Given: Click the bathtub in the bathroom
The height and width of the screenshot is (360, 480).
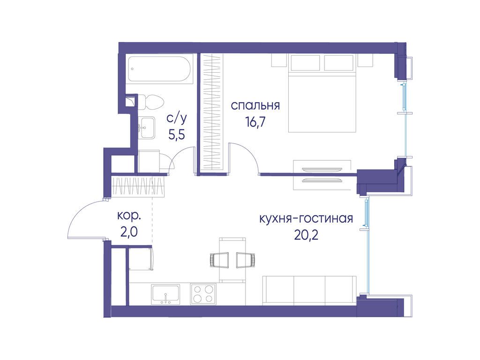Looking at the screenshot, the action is click(x=160, y=69).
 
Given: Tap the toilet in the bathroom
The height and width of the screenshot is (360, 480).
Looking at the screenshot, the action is click(x=150, y=102).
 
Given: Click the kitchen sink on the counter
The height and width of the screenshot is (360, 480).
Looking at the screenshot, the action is click(x=165, y=294).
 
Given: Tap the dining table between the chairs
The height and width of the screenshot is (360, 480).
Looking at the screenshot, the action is click(x=232, y=260).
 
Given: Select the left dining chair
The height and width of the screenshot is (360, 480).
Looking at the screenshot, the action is click(x=219, y=260).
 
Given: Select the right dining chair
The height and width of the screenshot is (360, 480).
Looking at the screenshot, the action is click(x=246, y=260).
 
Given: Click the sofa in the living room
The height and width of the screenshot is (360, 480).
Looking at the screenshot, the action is click(x=309, y=290).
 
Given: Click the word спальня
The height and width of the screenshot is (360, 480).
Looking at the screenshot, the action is click(x=255, y=105).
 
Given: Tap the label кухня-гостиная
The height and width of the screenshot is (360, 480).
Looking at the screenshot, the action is click(x=306, y=219).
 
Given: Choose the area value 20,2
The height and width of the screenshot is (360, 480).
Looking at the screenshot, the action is click(x=306, y=235).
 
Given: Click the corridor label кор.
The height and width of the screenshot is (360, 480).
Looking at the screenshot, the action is click(x=129, y=217).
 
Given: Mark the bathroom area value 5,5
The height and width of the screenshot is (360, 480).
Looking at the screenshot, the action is click(x=177, y=135).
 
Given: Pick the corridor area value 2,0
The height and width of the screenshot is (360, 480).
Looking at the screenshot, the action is click(x=129, y=232).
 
